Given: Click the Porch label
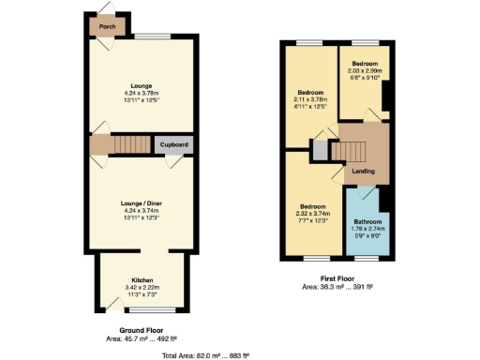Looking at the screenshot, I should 109,27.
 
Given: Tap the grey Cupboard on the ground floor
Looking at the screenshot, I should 174,144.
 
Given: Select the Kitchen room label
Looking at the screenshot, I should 143,278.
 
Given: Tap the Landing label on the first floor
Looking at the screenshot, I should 363,171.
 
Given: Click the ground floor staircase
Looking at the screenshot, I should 130,144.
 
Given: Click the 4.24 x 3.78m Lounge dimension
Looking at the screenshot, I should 142,93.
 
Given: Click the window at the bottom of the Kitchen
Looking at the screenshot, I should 143,309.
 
